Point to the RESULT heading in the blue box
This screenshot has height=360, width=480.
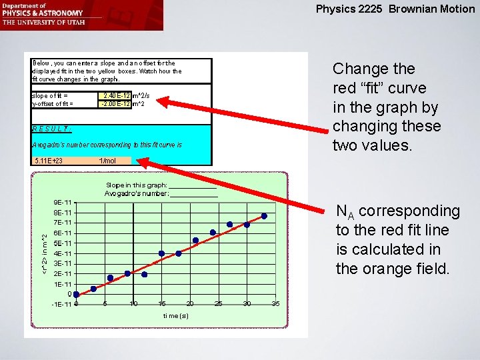pos(51,129)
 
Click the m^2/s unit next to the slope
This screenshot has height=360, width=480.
pos(141,95)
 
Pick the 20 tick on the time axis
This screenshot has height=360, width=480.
pos(190,304)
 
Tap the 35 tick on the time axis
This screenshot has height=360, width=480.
pos(275,304)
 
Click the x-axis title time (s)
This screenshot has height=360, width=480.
pos(176,315)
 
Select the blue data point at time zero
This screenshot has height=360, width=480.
pos(77,294)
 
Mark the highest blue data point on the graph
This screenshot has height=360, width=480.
pos(264,216)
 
